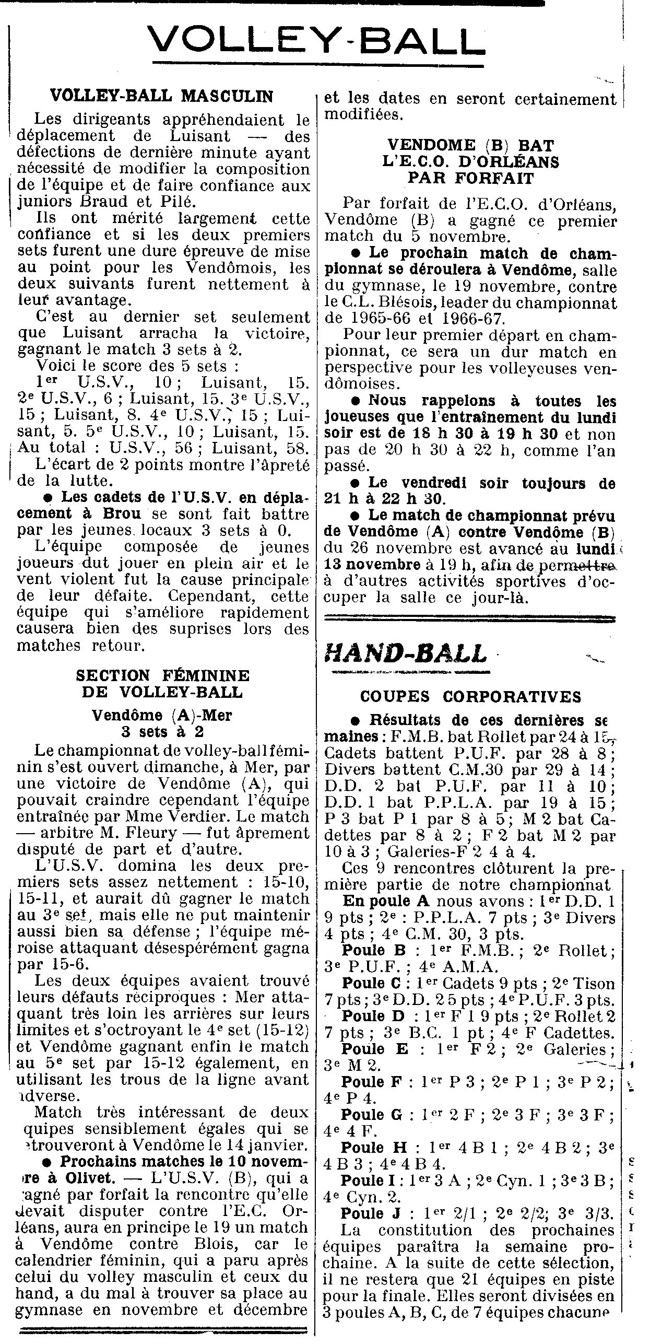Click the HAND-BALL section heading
point(405,653)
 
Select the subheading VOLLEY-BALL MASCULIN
point(161,96)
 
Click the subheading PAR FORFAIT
point(470,178)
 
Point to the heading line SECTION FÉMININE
point(162,675)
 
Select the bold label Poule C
point(370,984)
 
